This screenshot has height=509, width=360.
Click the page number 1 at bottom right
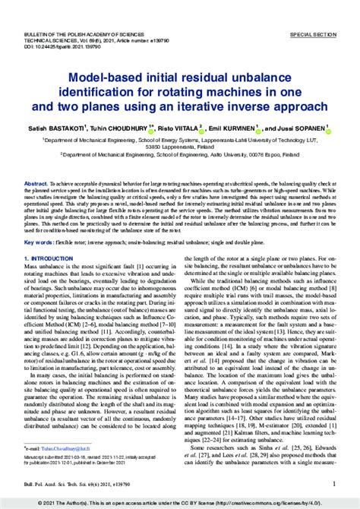(x=335, y=482)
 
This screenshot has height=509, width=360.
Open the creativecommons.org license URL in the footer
(x=283, y=503)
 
